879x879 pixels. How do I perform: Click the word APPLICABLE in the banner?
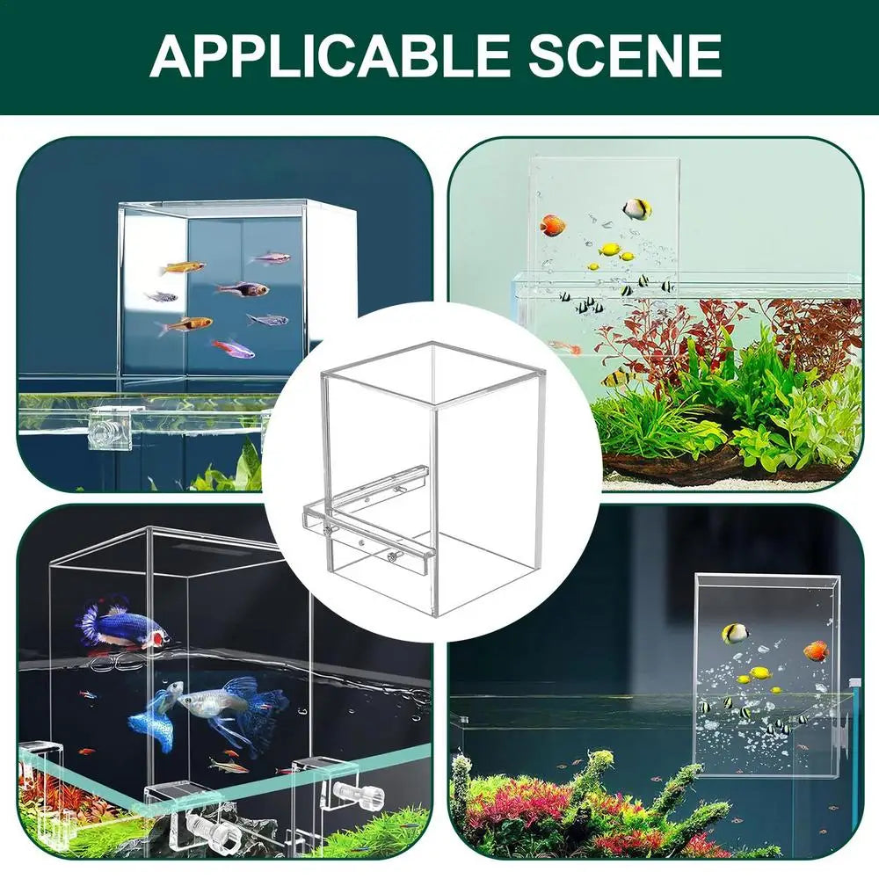tap(329, 55)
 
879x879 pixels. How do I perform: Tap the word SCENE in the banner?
tap(624, 55)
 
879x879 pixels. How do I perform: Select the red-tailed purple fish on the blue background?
tap(233, 347)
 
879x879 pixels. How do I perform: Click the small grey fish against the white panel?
tap(161, 296)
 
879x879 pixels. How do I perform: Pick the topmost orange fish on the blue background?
tap(182, 268)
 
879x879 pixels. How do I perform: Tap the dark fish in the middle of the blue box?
tap(243, 288)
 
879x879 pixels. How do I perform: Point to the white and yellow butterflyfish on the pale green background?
tap(636, 210)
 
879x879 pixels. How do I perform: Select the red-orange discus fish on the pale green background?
tap(552, 225)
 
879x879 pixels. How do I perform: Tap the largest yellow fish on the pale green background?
tap(610, 249)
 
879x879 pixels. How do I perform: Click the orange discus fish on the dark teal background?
tap(817, 651)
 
